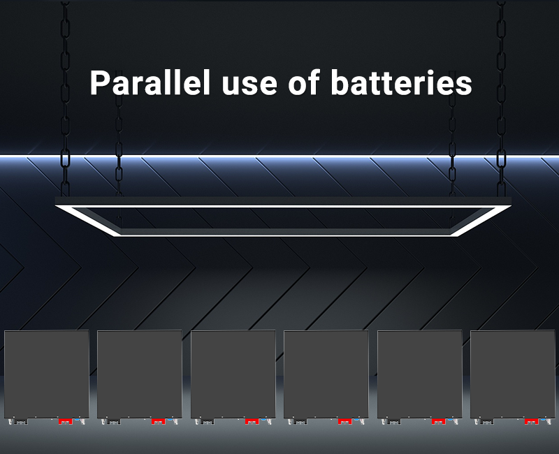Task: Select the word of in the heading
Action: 303,83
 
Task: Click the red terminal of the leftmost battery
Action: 66,421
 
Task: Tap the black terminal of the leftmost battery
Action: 21,421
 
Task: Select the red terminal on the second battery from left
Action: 159,421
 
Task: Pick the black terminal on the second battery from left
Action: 114,421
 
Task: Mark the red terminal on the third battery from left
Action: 252,421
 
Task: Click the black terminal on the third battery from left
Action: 208,421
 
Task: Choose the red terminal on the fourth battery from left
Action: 345,421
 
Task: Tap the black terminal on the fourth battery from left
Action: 300,421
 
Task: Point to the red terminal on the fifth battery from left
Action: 439,421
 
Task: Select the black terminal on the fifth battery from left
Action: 394,421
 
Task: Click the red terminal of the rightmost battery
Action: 532,421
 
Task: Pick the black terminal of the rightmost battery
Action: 487,421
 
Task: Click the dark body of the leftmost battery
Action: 47,374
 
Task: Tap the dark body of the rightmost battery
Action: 513,374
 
